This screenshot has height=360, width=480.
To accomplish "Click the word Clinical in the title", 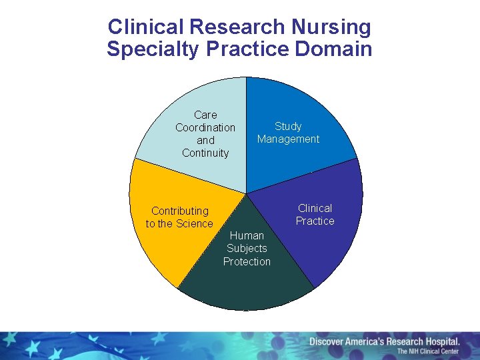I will [145, 27].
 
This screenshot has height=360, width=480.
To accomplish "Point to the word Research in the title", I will [237, 27].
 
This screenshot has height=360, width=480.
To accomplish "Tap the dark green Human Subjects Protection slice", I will [247, 287].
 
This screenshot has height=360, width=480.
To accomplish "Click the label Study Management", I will [288, 133].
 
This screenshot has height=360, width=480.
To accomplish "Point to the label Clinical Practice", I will [315, 215].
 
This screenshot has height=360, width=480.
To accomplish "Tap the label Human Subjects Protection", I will [247, 249].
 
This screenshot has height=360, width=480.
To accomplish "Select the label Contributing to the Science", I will [179, 217].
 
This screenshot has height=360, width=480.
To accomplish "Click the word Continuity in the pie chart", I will [205, 153].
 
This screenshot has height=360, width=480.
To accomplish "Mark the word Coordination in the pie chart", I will [205, 127].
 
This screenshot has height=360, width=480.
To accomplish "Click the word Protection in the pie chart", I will [247, 262].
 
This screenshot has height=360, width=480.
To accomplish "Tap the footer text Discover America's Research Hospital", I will [384, 342].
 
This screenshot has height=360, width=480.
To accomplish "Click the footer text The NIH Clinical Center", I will [428, 352].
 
